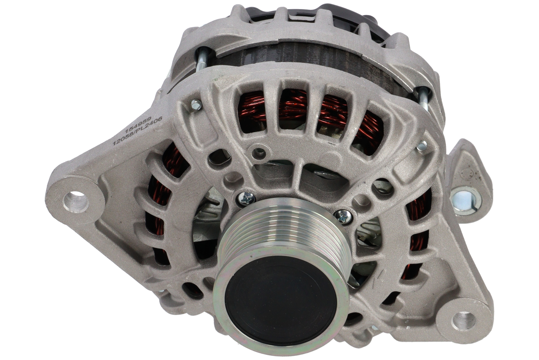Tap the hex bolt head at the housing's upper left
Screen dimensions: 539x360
(x=196, y=105)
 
